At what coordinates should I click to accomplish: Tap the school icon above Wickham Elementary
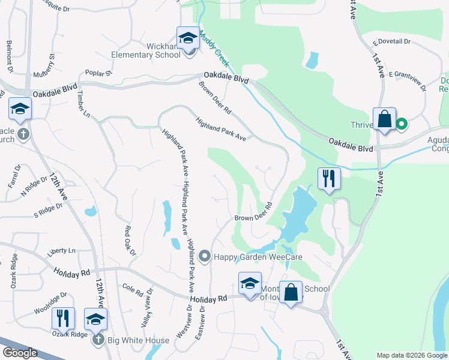pos(188,38)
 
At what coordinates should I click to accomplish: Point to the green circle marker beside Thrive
pos(402,125)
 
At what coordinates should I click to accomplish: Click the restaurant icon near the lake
pos(329,178)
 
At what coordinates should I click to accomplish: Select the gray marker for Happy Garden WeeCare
pos(205,257)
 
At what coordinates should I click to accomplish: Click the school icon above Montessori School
pos(250,283)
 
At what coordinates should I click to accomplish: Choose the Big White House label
pos(138,340)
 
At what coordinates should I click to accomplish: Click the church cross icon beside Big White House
pos(99,340)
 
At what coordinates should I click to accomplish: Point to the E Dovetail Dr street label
pos(391,42)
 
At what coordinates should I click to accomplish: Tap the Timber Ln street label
pos(82,106)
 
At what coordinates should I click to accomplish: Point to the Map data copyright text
pos(411,355)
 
